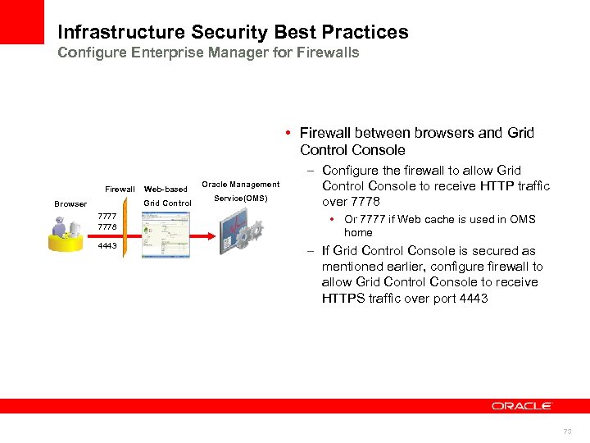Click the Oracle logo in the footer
pyautogui.click(x=522, y=405)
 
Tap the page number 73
pyautogui.click(x=566, y=432)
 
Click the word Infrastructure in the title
pyautogui.click(x=121, y=33)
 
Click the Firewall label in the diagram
pyautogui.click(x=120, y=190)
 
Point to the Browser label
pyautogui.click(x=70, y=203)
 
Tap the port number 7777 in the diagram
pyautogui.click(x=107, y=217)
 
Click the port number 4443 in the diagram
pyautogui.click(x=107, y=245)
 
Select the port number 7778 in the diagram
pyautogui.click(x=107, y=226)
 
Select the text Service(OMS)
pyautogui.click(x=241, y=199)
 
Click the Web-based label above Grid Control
pyautogui.click(x=166, y=190)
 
